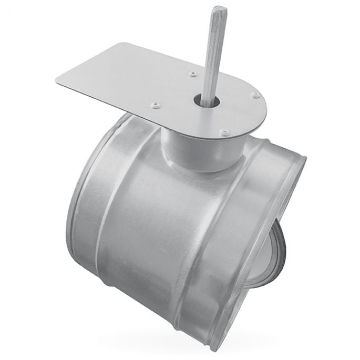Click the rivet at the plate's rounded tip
coord(255,95)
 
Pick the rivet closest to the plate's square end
coord(154,105)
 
